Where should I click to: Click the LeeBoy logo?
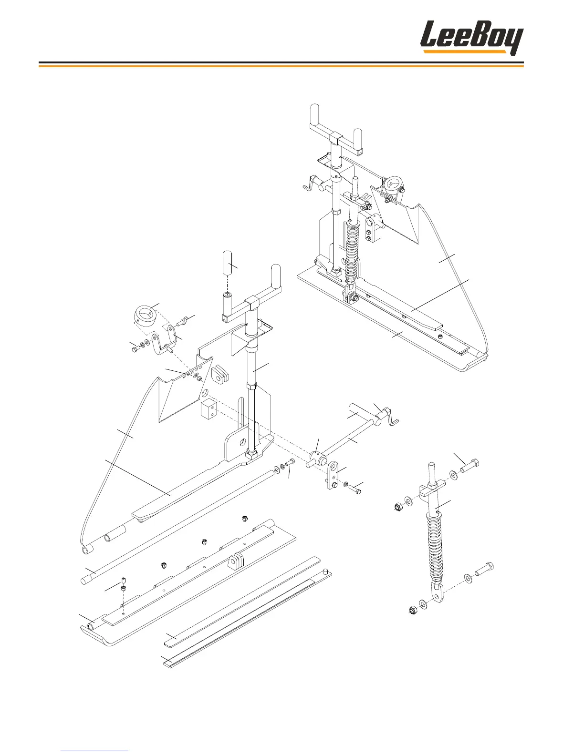pos(471,38)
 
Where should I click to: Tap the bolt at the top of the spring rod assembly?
pos(470,464)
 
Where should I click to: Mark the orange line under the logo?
pos(281,66)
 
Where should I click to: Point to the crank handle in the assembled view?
pos(311,183)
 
